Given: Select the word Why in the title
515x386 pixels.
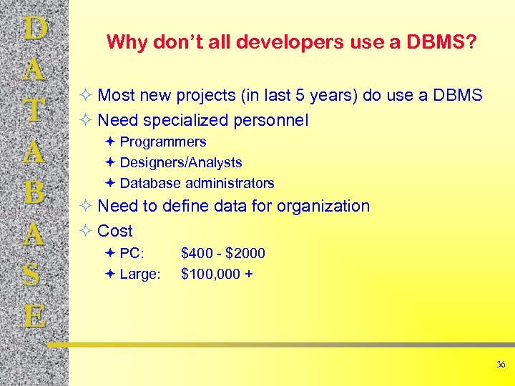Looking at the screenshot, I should tap(126, 43).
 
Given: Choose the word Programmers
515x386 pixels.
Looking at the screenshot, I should tap(163, 142).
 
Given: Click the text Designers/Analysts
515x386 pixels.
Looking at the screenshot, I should tap(181, 163).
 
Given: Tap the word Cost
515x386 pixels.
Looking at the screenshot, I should tap(115, 231).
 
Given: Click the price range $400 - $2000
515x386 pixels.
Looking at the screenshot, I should tap(223, 254).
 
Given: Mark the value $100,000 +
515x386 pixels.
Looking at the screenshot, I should tap(216, 274).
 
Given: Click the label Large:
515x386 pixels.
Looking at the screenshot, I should tap(140, 274).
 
